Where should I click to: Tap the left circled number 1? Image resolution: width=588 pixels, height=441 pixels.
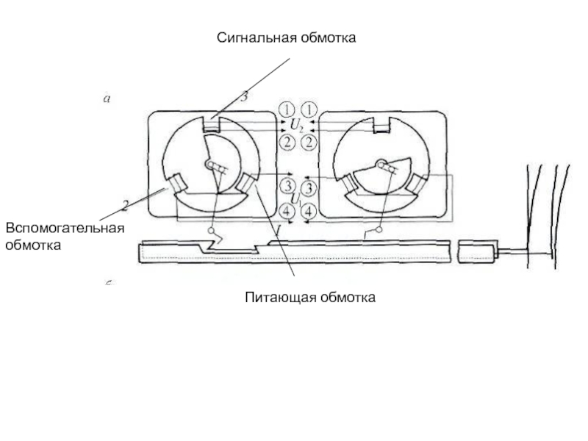click(287, 110)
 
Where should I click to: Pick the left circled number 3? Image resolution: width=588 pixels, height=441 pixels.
click(288, 186)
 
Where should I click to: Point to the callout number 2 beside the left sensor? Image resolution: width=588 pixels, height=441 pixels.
click(126, 203)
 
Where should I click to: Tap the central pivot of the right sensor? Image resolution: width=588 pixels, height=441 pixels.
click(381, 163)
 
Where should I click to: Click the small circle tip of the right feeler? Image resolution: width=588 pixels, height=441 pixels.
click(379, 231)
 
